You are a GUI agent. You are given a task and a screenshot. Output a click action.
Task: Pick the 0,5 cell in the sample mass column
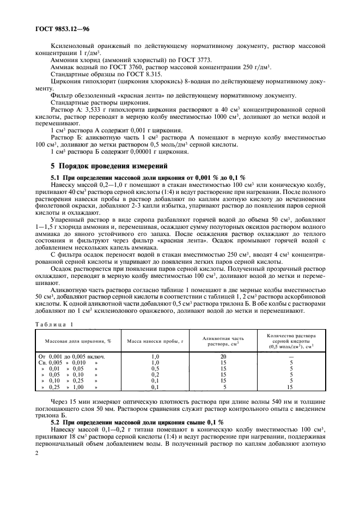coord(155,368)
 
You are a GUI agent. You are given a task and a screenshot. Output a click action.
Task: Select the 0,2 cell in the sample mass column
coord(155,374)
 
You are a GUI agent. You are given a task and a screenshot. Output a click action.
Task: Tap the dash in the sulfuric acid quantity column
coord(291,356)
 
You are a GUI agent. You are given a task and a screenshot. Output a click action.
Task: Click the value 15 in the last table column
coord(291,387)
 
